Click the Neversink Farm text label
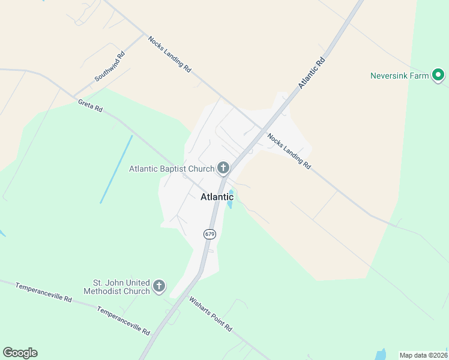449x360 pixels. (x=399, y=76)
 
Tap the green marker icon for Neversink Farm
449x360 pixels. (x=438, y=76)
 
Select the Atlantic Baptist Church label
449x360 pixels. (x=172, y=169)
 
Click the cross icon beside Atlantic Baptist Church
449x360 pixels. (x=223, y=168)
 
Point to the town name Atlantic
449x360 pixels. (x=217, y=197)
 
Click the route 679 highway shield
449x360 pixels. (x=209, y=234)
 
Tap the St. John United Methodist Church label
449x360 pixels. (x=121, y=287)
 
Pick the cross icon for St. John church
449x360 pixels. (x=159, y=286)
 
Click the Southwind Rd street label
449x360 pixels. (x=109, y=67)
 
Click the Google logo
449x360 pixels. (x=20, y=353)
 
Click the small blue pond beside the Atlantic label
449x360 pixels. (x=231, y=200)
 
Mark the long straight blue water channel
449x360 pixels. (x=116, y=169)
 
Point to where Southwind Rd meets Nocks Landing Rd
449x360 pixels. (x=145, y=35)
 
